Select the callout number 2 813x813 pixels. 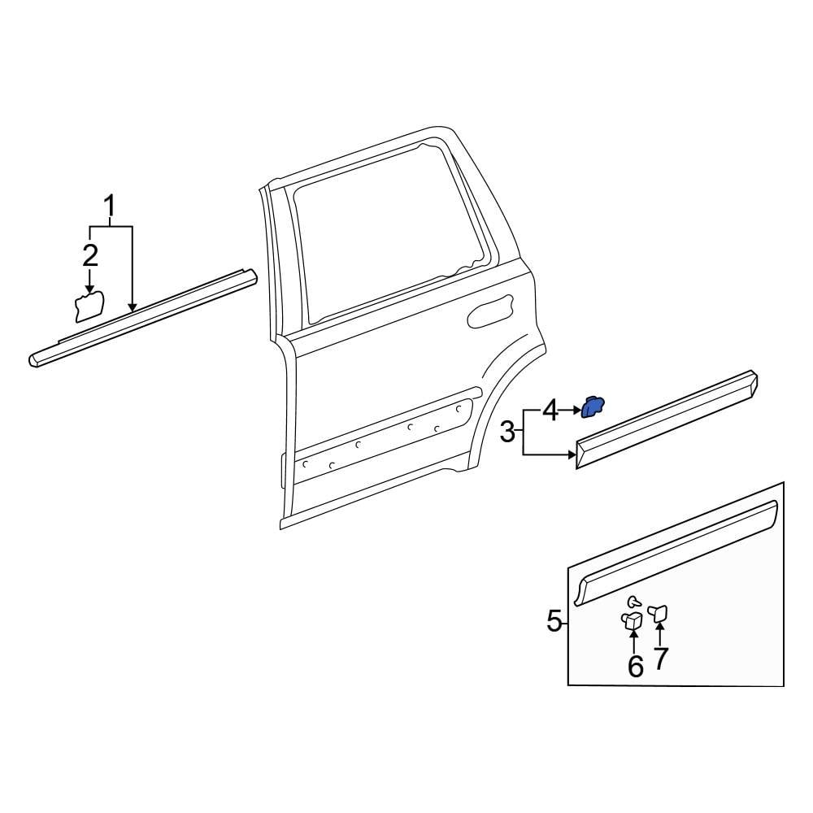(x=89, y=255)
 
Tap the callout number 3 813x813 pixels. (x=507, y=432)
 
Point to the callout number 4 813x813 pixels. (x=550, y=411)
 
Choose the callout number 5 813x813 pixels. (x=554, y=623)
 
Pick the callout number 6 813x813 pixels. (x=635, y=666)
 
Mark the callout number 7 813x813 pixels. (x=660, y=658)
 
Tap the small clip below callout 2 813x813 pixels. (x=89, y=307)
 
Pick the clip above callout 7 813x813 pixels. (x=659, y=611)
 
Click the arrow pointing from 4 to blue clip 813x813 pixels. (x=571, y=411)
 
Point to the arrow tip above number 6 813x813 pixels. (x=633, y=633)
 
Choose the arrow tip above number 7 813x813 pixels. (x=659, y=624)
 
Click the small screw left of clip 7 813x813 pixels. (x=633, y=602)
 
